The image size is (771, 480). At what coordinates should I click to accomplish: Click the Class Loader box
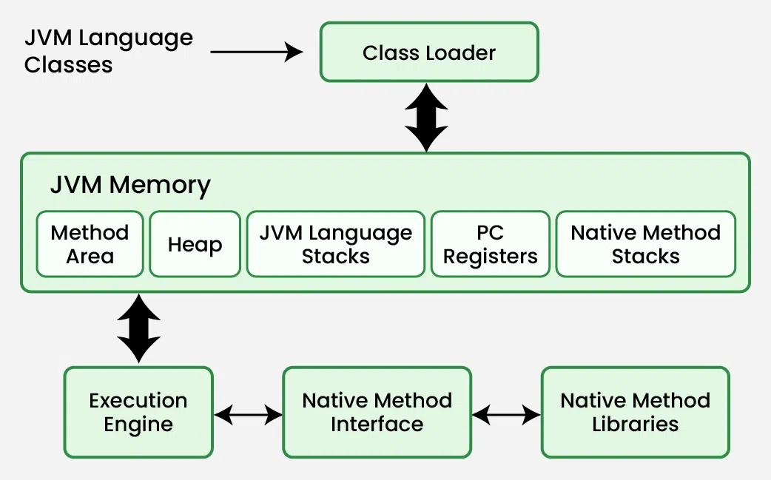pos(429,52)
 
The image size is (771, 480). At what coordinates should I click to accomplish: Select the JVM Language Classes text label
pos(108,51)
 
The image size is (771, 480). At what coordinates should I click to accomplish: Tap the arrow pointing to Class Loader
pos(257,52)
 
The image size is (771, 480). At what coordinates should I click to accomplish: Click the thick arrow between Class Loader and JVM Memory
pos(426,117)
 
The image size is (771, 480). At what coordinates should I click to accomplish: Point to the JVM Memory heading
pos(130,185)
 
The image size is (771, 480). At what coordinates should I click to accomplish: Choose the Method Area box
pos(90,244)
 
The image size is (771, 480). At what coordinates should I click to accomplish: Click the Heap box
pos(195,244)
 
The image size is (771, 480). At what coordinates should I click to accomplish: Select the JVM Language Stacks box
pos(336,244)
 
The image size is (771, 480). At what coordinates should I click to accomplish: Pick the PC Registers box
pos(491,244)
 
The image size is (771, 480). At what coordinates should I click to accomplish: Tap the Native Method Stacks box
pos(646,244)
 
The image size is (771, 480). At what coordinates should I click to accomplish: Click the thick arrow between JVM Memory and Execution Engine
pos(138,328)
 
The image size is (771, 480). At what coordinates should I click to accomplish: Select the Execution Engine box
pos(138,412)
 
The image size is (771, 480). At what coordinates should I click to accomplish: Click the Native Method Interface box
pos(377,412)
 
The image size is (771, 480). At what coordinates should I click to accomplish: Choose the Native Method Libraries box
pos(636,412)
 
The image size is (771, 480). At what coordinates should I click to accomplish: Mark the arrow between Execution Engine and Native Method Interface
pos(248,415)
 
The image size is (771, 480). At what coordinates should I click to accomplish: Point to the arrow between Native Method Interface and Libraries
pos(506,415)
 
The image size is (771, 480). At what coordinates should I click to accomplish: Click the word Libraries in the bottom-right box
pos(636,425)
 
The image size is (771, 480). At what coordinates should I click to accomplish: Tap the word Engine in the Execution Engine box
pos(138,425)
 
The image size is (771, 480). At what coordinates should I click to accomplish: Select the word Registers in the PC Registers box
pos(491,257)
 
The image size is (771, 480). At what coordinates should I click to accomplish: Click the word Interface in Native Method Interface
pos(377,425)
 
